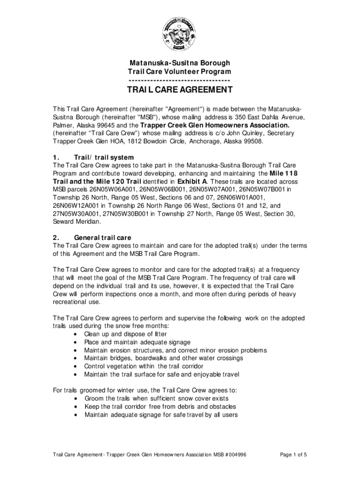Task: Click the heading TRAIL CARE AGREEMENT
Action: (x=180, y=90)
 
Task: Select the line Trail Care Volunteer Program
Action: (x=180, y=72)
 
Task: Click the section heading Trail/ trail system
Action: (x=104, y=157)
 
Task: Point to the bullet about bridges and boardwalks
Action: (x=163, y=358)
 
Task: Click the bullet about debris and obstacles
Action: (x=160, y=406)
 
